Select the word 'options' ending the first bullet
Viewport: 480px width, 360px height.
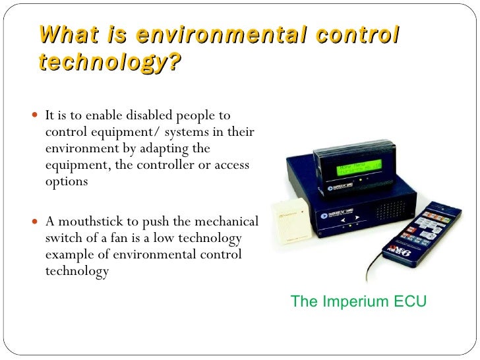66,181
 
